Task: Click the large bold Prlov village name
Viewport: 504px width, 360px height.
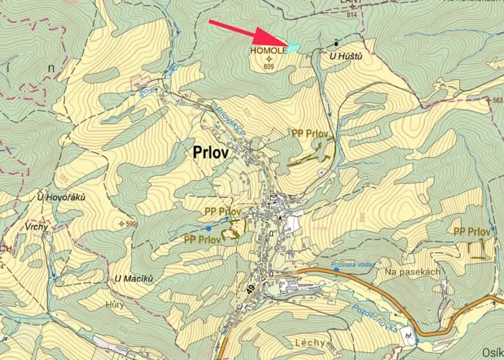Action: click(207, 152)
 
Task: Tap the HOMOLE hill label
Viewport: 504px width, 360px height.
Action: click(266, 51)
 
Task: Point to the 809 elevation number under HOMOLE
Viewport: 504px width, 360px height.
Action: click(269, 67)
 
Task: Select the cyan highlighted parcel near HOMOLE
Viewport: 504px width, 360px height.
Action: click(291, 48)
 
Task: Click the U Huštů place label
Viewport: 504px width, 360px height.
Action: click(345, 56)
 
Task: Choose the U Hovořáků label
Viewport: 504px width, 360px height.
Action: click(61, 198)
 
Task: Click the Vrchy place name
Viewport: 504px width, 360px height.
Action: click(35, 227)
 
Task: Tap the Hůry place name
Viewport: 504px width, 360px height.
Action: click(115, 305)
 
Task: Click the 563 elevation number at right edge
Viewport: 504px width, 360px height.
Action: click(497, 100)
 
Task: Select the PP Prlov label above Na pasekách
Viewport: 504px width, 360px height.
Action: click(472, 232)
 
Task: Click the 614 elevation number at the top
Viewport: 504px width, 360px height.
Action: click(352, 15)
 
